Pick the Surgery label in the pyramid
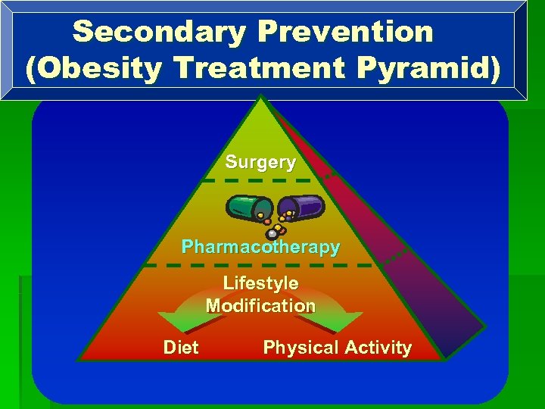pyautogui.click(x=260, y=162)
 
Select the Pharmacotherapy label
pyautogui.click(x=260, y=248)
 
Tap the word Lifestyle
pyautogui.click(x=260, y=283)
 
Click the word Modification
pyautogui.click(x=260, y=306)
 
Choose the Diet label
pyautogui.click(x=181, y=348)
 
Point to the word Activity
pyautogui.click(x=378, y=348)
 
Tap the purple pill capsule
pyautogui.click(x=302, y=206)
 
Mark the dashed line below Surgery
pyautogui.click(x=257, y=181)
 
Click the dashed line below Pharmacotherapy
pyautogui.click(x=259, y=266)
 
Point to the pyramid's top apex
pyautogui.click(x=260, y=97)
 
